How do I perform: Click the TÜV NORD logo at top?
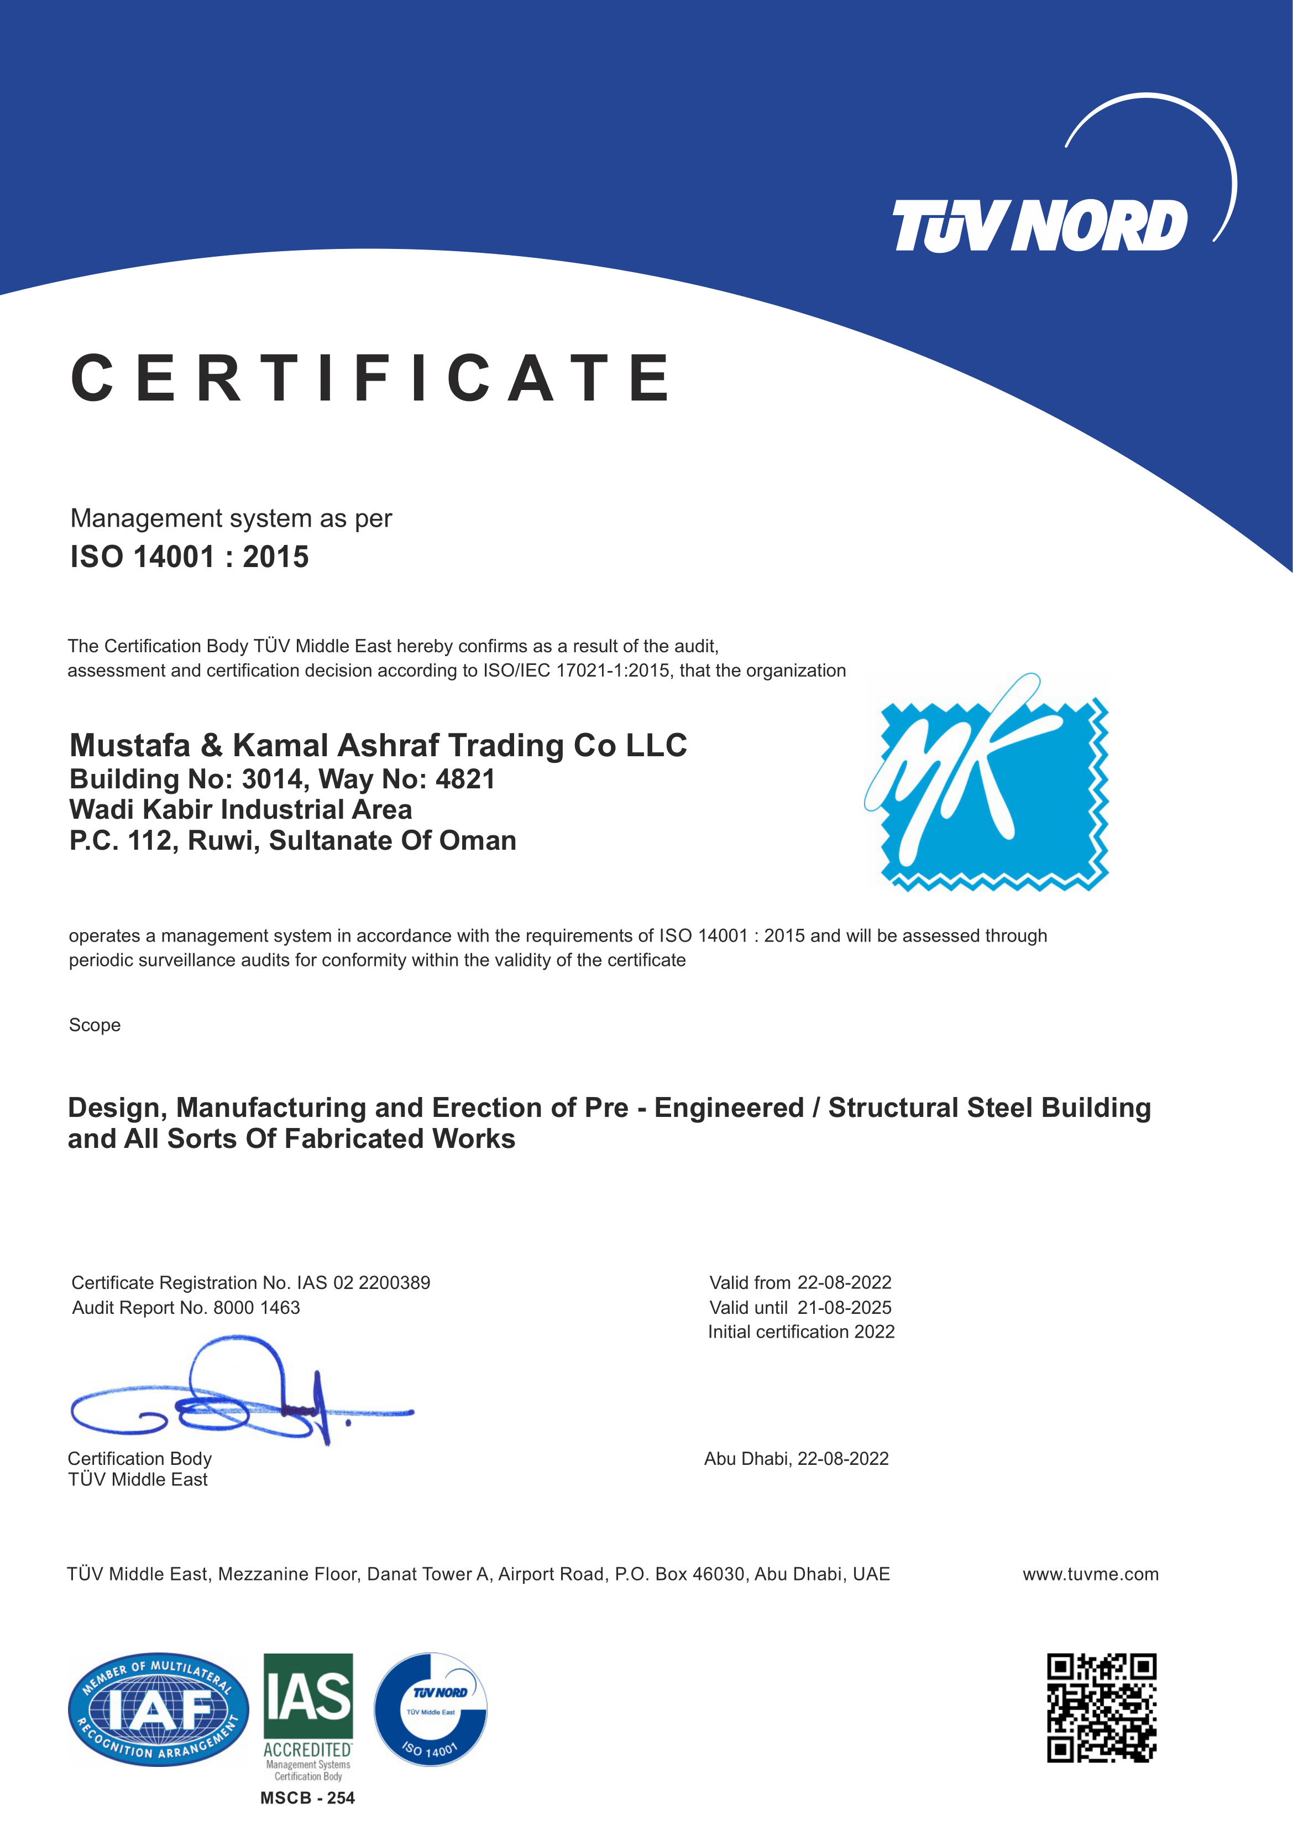coord(1040,226)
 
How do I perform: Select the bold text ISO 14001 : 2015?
coord(190,557)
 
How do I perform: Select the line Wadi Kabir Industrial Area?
coord(240,809)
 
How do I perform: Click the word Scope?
coord(95,1025)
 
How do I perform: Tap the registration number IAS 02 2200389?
coord(363,1282)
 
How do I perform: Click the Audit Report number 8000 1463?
coord(256,1307)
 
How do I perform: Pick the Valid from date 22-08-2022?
coord(845,1282)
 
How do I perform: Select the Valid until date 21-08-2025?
coord(845,1307)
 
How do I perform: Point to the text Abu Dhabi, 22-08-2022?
coord(796,1459)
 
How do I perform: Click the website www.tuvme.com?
coord(1090,1574)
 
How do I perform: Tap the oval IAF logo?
coord(158,1709)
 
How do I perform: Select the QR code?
coord(1101,1707)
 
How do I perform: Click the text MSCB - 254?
coord(307,1797)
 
